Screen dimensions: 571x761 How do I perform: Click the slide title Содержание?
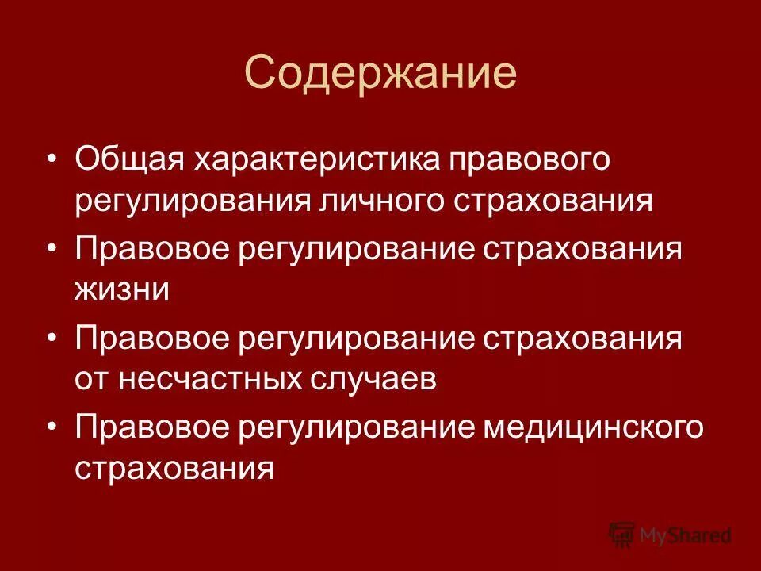[x=380, y=74]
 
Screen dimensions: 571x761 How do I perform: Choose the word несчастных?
[x=208, y=380]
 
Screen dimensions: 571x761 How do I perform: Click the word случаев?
[x=371, y=380]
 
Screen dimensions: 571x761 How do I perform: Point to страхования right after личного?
[x=554, y=201]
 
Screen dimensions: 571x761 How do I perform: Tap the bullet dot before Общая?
[x=52, y=158]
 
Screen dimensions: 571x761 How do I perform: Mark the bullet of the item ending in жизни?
[x=52, y=248]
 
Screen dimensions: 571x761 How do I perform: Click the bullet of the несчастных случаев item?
[x=52, y=337]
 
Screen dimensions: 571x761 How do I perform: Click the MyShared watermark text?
[x=686, y=535]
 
